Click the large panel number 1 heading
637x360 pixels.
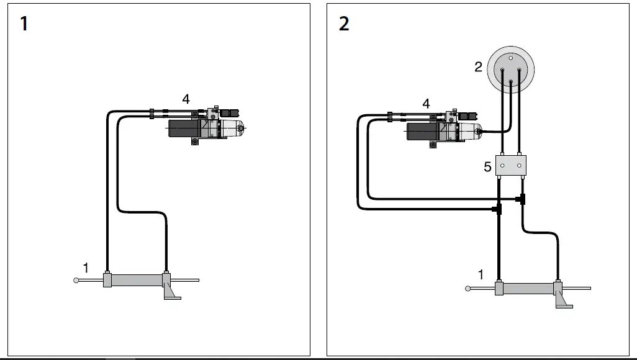pyautogui.click(x=24, y=24)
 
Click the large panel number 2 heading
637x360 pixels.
pyautogui.click(x=344, y=24)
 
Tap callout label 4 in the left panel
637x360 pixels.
pyautogui.click(x=186, y=99)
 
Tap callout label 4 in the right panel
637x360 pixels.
pyautogui.click(x=425, y=104)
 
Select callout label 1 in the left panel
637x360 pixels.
pyautogui.click(x=86, y=268)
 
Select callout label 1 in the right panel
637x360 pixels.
pyautogui.click(x=481, y=274)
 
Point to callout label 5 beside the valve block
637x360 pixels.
pyautogui.click(x=487, y=166)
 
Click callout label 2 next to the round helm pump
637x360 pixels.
pyautogui.click(x=478, y=66)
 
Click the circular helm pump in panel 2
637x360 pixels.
pyautogui.click(x=510, y=70)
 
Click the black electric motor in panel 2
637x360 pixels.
pyautogui.click(x=422, y=132)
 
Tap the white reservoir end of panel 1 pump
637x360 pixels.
pyautogui.click(x=233, y=128)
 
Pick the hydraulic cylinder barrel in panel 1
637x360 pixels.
pyautogui.click(x=137, y=280)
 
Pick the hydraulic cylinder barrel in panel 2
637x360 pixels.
pyautogui.click(x=528, y=289)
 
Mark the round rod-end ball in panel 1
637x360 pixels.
pyautogui.click(x=76, y=280)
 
